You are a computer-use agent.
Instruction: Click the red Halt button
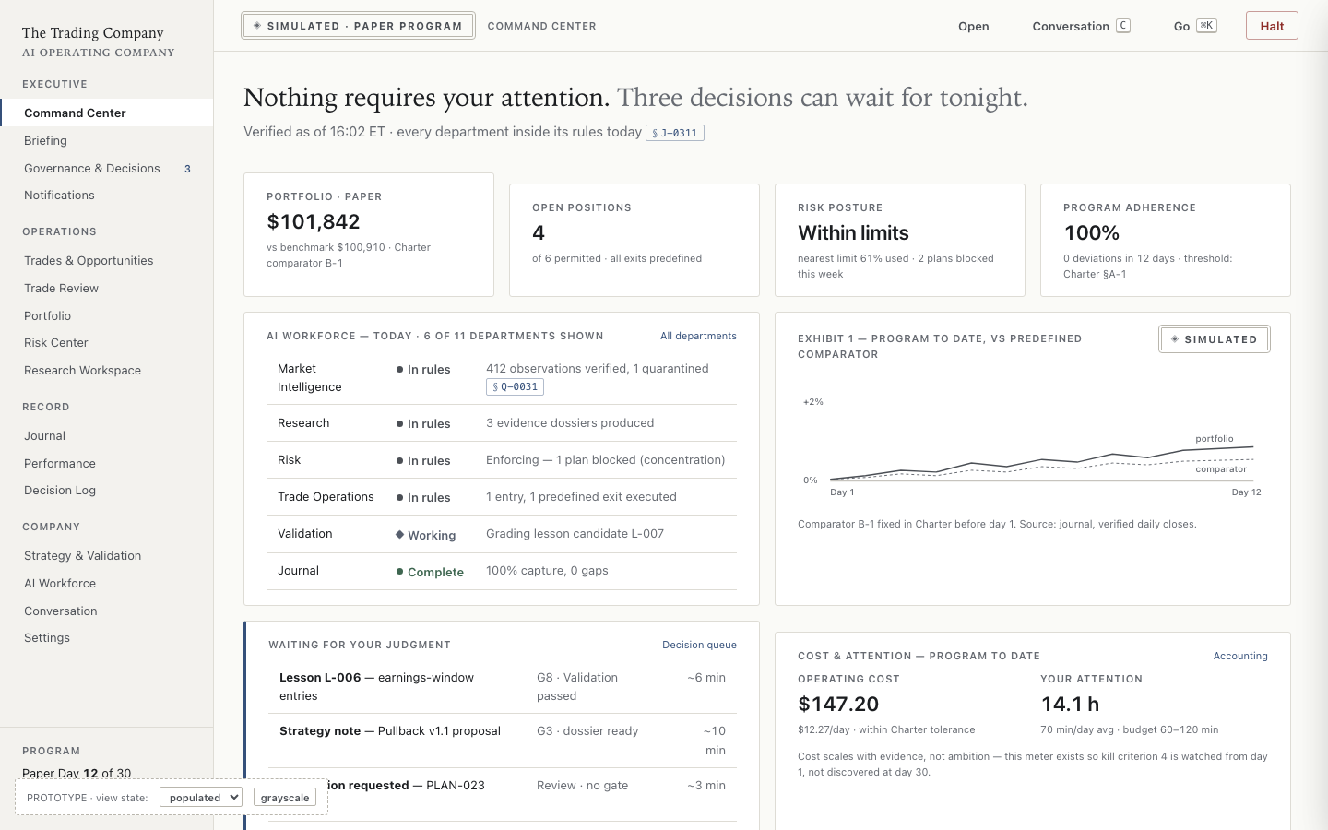(x=1272, y=26)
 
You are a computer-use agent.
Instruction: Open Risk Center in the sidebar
(x=55, y=343)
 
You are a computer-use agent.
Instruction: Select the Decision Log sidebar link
(x=60, y=491)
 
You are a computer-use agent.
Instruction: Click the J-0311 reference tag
(x=675, y=133)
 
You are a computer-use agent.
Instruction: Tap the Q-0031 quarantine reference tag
(x=515, y=386)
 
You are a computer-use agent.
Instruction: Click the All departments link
(x=698, y=336)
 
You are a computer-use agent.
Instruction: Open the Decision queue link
(x=699, y=645)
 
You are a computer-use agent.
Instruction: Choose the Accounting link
(x=1240, y=656)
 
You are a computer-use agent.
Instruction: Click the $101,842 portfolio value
(x=313, y=221)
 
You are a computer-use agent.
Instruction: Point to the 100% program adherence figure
(x=1092, y=233)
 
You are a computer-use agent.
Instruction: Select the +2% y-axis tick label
(x=812, y=402)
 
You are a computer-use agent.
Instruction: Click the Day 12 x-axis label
(x=1246, y=492)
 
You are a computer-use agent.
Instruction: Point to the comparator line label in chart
(x=1221, y=468)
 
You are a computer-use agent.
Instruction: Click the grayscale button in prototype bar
(x=285, y=798)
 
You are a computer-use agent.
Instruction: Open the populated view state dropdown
(x=201, y=798)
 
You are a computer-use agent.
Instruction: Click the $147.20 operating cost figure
(x=837, y=704)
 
